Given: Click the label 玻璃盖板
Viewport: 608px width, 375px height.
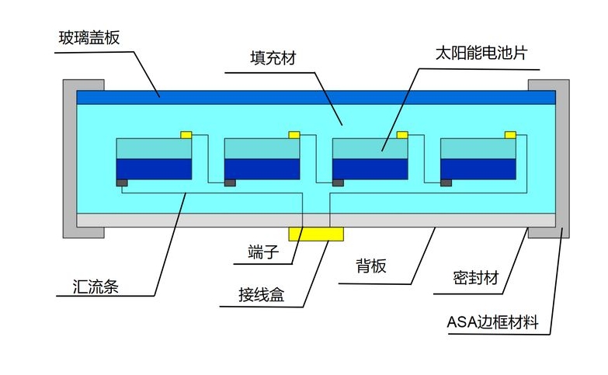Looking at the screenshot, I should (x=89, y=37).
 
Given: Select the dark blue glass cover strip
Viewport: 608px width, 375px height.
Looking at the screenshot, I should (x=315, y=97).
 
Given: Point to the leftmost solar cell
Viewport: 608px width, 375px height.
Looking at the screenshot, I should (x=154, y=159).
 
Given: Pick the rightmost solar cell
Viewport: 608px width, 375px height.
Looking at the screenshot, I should (x=478, y=159).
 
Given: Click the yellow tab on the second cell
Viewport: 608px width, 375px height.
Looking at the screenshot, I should (x=294, y=135).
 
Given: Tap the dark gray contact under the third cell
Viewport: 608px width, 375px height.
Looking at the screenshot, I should (x=338, y=183).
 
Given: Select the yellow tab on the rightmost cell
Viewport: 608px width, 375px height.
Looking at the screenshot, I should (x=510, y=135).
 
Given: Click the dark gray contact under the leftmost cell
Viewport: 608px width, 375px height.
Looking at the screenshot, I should (x=122, y=183).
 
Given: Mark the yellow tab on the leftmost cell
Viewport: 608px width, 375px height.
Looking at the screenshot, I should (x=186, y=135).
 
